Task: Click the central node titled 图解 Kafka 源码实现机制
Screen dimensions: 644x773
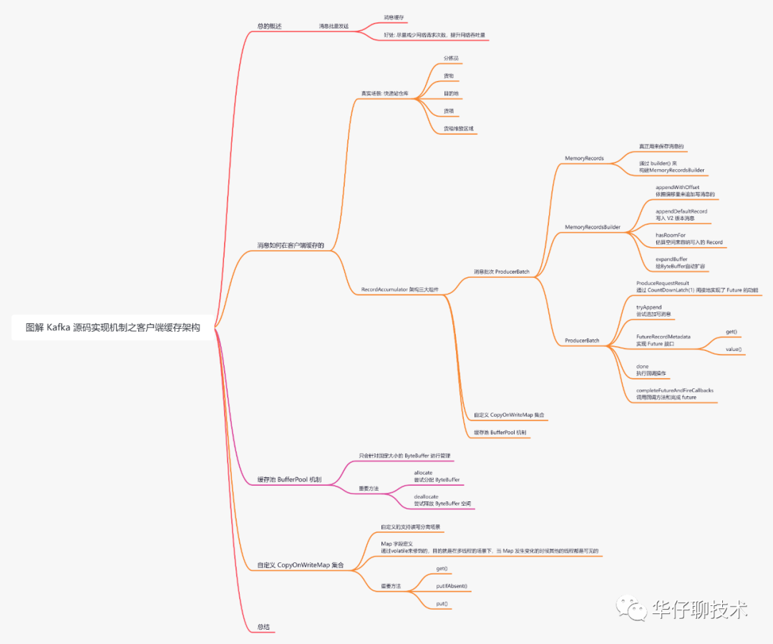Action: (x=112, y=327)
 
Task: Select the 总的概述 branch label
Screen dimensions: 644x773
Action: (x=269, y=27)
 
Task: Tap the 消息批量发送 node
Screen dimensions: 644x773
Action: (x=334, y=27)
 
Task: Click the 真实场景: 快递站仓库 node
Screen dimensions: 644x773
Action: (x=384, y=93)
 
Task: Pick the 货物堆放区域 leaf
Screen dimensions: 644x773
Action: (x=458, y=129)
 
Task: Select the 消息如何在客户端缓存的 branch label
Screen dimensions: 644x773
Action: (x=291, y=246)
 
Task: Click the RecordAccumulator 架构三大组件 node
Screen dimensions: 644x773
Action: (x=399, y=290)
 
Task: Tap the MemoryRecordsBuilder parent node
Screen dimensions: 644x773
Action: (x=592, y=227)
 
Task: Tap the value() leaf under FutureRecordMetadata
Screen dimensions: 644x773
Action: (x=734, y=350)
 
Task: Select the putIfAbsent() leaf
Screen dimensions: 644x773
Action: (x=451, y=586)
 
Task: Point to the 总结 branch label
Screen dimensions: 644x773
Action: (x=263, y=627)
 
